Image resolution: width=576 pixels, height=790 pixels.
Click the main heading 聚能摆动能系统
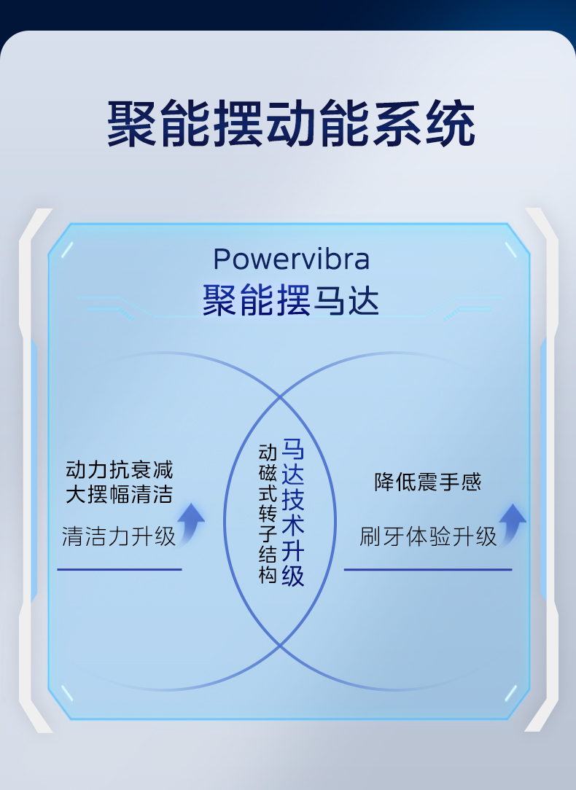[x=291, y=124]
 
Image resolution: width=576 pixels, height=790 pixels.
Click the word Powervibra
[x=291, y=259]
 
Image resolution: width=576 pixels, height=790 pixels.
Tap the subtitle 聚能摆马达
[x=291, y=300]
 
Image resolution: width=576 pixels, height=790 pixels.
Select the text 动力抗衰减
[x=120, y=470]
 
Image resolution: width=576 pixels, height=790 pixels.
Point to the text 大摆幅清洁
[x=120, y=494]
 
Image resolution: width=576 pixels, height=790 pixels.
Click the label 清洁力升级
[x=119, y=536]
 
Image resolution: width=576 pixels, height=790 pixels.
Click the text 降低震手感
[x=428, y=482]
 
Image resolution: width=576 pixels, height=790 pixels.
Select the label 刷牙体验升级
[x=428, y=536]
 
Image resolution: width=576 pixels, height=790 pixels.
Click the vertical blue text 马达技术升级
[x=293, y=512]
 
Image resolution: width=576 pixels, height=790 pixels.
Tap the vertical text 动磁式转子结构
[x=268, y=514]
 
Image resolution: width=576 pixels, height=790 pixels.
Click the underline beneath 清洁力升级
[x=120, y=569]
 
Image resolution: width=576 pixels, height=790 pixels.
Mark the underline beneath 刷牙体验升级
[x=428, y=569]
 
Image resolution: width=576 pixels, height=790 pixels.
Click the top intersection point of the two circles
[x=280, y=397]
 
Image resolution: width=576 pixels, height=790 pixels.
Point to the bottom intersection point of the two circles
[x=280, y=645]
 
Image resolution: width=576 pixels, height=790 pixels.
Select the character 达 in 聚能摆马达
[x=362, y=301]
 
